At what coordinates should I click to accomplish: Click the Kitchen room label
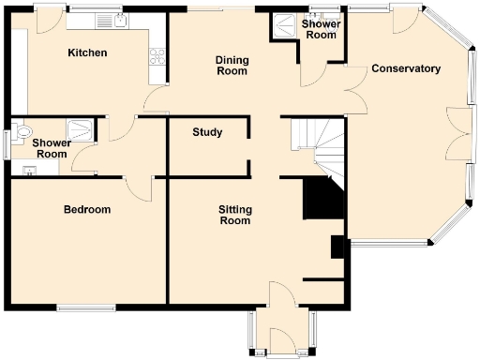87,53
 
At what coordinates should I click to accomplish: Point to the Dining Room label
232,65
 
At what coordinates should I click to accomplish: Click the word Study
207,132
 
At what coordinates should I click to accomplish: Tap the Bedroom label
87,209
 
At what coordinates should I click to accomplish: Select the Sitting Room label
234,215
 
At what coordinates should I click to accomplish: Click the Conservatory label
406,69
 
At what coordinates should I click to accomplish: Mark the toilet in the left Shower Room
22,131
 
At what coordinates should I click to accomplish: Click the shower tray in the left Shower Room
82,129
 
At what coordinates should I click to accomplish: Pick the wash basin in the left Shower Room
29,170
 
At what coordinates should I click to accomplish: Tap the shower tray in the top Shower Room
281,28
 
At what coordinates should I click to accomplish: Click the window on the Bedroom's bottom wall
85,307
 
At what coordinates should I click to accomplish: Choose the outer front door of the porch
281,353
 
